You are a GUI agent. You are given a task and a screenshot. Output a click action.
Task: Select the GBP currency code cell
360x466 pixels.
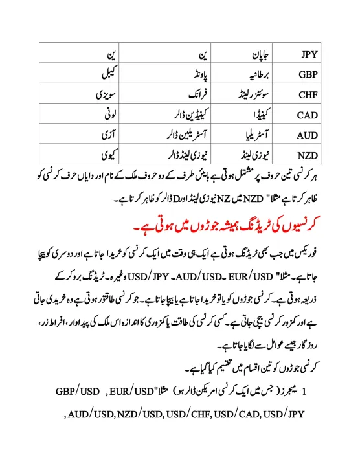[x=308, y=74]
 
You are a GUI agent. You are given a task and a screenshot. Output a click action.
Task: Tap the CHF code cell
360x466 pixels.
[x=308, y=94]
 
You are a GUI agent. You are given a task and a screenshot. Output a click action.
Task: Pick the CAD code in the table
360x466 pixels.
[x=308, y=115]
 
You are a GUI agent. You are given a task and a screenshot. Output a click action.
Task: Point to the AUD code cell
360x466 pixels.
[x=308, y=135]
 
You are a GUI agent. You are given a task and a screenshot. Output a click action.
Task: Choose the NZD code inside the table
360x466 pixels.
[x=308, y=155]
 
